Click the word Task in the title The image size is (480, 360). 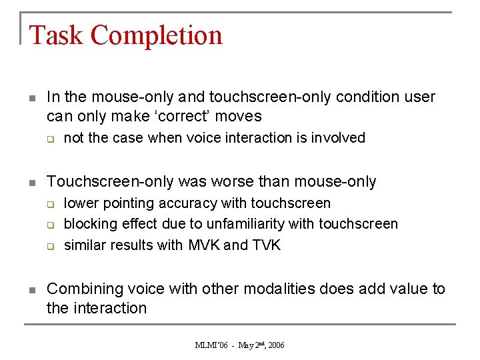tap(56, 35)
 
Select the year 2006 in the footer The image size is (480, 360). tap(276, 345)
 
